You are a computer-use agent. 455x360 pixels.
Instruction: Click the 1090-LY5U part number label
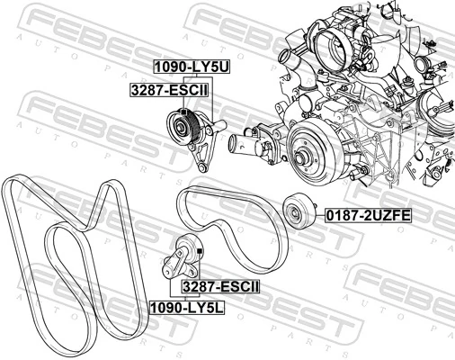(x=192, y=67)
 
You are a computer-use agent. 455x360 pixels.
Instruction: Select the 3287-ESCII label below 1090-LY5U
(x=169, y=90)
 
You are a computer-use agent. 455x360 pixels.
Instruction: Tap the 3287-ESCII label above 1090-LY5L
(x=220, y=287)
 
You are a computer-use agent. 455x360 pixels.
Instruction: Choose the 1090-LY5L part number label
(x=187, y=307)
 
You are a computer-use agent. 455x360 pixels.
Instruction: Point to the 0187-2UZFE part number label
(x=369, y=215)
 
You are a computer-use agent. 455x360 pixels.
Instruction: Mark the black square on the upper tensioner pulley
(x=183, y=112)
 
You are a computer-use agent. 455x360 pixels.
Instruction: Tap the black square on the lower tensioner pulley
(x=200, y=250)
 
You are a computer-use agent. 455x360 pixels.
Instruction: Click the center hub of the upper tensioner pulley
(x=181, y=126)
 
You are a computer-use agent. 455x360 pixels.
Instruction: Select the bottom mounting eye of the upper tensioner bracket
(x=202, y=167)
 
